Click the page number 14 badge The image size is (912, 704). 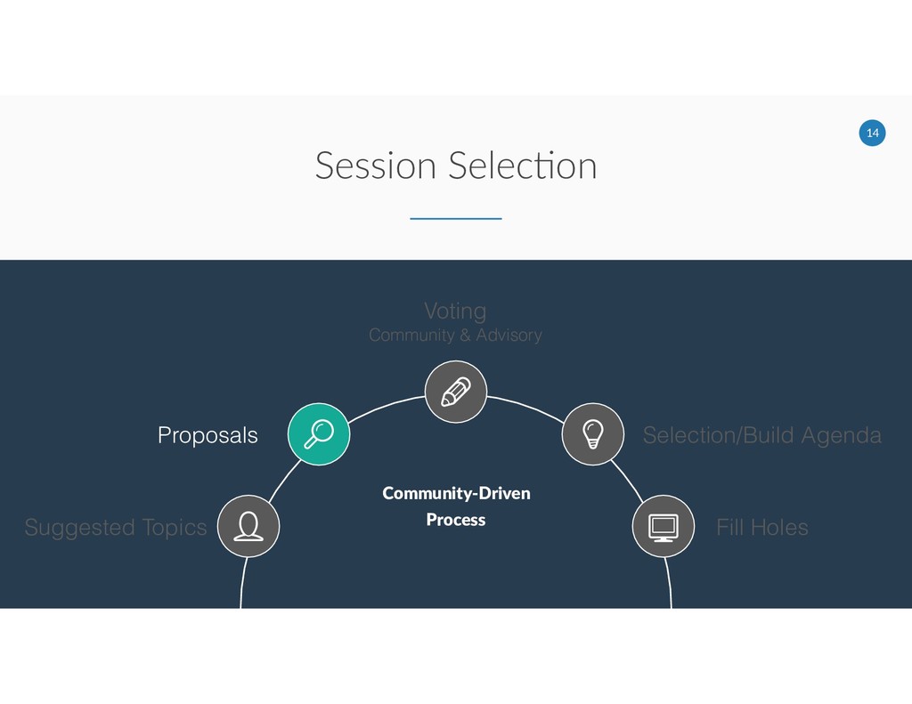[872, 133]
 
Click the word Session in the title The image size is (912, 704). [376, 166]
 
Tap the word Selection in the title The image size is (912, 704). [523, 166]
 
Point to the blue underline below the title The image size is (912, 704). [455, 218]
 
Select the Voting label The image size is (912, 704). [455, 311]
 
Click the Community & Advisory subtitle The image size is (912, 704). [455, 336]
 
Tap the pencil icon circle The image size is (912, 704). [455, 392]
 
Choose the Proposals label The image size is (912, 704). [208, 435]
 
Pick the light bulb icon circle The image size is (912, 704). [592, 433]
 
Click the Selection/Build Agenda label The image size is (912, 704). [761, 435]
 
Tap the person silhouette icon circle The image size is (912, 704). [248, 526]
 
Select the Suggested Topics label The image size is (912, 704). [115, 528]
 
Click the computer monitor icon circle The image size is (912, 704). [663, 526]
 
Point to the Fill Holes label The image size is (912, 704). [761, 528]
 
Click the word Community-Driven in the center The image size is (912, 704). [456, 493]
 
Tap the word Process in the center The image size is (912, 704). [455, 519]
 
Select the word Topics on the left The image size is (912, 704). [173, 529]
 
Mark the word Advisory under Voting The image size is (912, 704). [509, 336]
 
